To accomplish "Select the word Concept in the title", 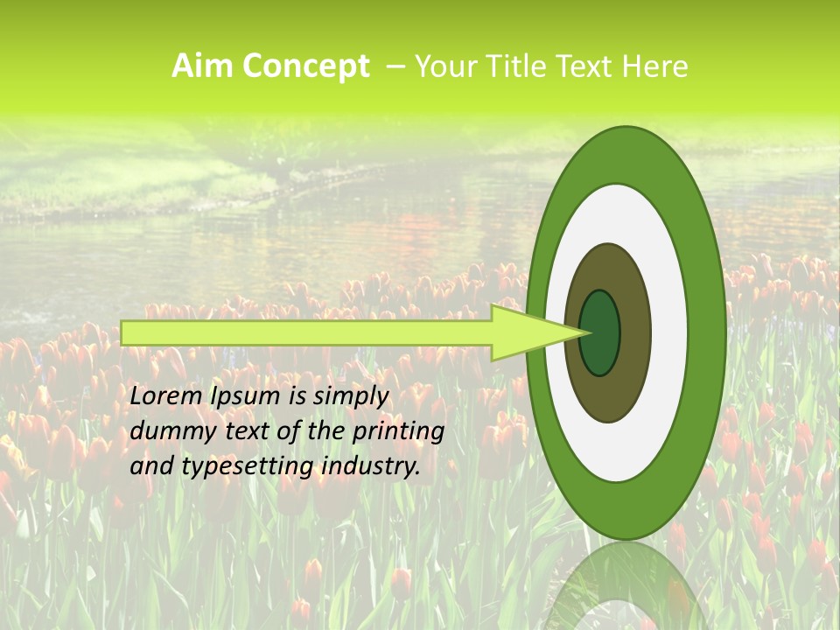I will pyautogui.click(x=305, y=66).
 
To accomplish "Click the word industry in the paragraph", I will pyautogui.click(x=372, y=466).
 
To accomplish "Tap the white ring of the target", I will pyautogui.click(x=669, y=333).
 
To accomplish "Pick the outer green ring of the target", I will pyautogui.click(x=706, y=333).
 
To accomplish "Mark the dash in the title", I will pyautogui.click(x=395, y=66).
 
